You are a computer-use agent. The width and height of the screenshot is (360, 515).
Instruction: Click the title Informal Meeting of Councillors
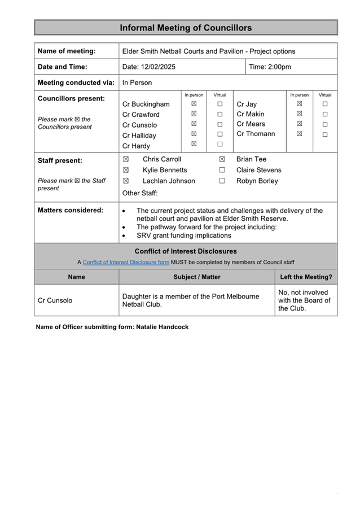tap(186, 28)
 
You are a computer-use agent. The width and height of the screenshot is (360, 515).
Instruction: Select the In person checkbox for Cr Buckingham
tap(194, 104)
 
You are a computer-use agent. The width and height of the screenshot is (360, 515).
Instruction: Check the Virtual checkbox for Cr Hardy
tap(220, 144)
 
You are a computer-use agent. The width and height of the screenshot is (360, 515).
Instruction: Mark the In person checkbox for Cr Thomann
tap(299, 134)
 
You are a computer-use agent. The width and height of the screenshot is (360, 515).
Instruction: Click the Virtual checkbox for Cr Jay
tap(325, 104)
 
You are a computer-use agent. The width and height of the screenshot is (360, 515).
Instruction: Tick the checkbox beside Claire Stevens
tap(222, 170)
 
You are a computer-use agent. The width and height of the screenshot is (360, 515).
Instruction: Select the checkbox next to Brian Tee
tap(222, 159)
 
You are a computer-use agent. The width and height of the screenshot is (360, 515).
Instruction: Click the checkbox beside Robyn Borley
tap(222, 181)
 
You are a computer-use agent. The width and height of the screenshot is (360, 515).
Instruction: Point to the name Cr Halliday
tap(139, 136)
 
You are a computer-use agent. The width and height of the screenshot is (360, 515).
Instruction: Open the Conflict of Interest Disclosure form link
tap(126, 262)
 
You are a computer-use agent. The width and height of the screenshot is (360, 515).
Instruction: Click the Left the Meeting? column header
tap(306, 277)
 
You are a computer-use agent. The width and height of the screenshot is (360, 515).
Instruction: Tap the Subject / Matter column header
tap(197, 277)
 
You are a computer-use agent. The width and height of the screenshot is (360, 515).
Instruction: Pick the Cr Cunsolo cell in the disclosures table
tap(55, 300)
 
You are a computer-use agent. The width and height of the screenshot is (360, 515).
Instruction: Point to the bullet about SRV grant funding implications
tap(184, 235)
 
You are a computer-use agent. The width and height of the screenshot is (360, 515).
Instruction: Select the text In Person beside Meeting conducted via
tap(137, 82)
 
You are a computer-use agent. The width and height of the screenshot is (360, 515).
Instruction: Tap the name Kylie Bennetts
tap(165, 170)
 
